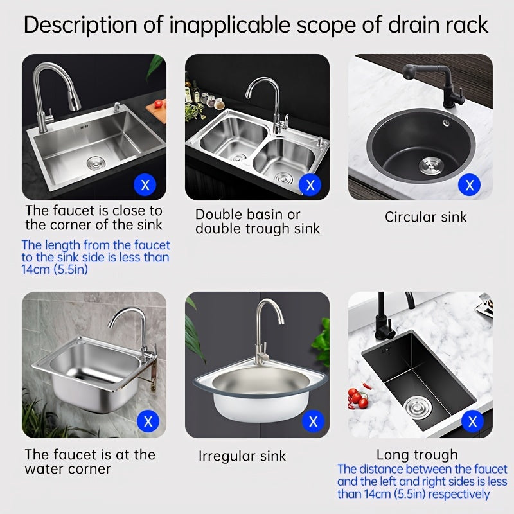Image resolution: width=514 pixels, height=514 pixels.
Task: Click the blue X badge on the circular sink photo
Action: [x=470, y=186]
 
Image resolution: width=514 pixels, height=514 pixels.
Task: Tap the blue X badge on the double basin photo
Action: [x=310, y=186]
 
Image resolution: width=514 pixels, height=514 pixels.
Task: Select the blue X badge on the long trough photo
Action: [x=473, y=422]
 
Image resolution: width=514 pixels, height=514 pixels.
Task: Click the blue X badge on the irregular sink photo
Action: [x=313, y=422]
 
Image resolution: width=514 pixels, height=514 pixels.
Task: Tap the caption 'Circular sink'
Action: [x=426, y=217]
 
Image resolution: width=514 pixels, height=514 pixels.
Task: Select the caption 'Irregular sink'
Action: [x=242, y=457]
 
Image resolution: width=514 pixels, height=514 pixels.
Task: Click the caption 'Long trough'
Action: [x=417, y=455]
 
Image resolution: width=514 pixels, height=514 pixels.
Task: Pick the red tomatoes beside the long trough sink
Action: [x=357, y=397]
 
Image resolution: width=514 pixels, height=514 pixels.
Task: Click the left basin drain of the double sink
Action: [x=238, y=157]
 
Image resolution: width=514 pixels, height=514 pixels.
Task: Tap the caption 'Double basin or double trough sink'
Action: [x=258, y=222]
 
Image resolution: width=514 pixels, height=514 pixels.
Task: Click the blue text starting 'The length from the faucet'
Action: [x=96, y=257]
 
